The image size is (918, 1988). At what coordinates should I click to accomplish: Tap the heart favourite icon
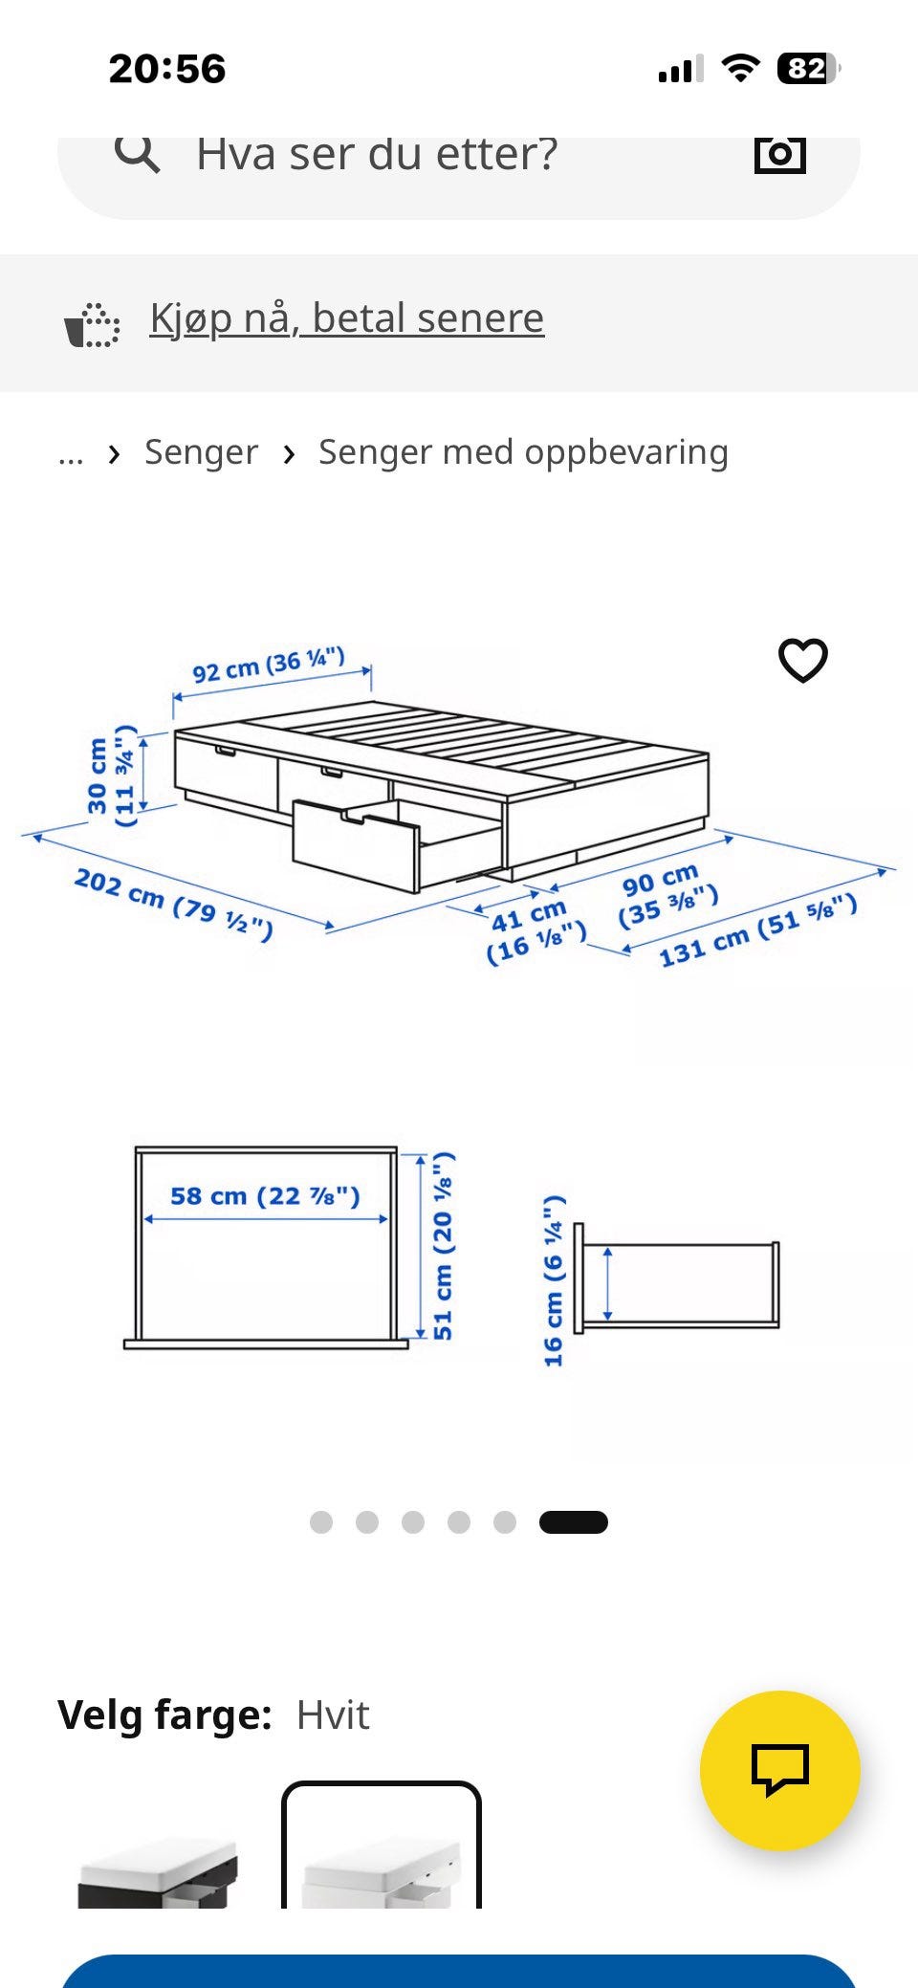[802, 660]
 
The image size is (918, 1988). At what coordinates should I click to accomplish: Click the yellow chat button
[780, 1771]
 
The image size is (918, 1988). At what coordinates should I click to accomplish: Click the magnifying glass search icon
[138, 153]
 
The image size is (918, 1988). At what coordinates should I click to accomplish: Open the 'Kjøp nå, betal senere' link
[347, 317]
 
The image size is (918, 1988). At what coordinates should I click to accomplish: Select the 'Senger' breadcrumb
[201, 452]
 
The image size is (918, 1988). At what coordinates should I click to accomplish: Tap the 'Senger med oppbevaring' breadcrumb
[523, 452]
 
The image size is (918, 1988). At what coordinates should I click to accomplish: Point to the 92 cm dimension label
[269, 665]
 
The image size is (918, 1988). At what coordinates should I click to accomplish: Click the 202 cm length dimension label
[174, 904]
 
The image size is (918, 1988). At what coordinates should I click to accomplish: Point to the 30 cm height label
[111, 776]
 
